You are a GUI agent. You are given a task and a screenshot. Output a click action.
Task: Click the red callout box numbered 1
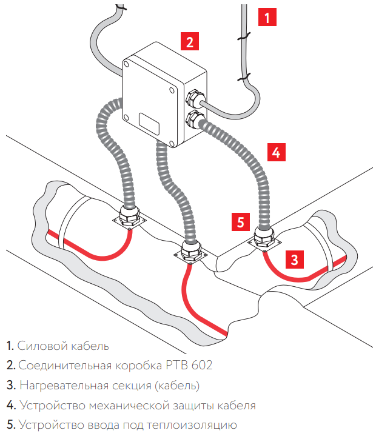coord(267,16)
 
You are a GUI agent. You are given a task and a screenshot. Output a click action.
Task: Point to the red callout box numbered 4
coord(276,152)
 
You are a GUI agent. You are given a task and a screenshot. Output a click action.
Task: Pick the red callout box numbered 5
coord(241,221)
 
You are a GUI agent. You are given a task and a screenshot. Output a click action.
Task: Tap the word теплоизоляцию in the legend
coord(196,425)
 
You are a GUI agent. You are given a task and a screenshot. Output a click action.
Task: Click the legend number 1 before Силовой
coord(10,346)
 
